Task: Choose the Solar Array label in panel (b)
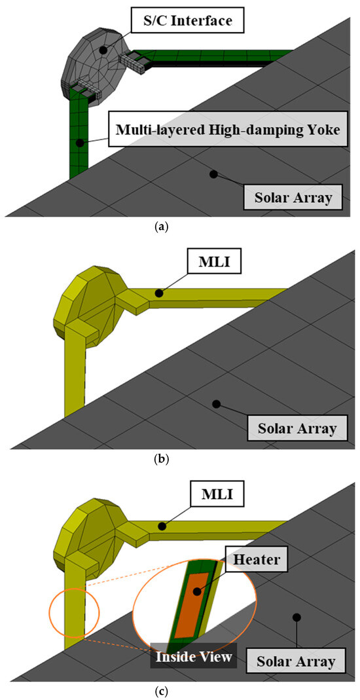point(293,429)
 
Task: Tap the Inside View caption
point(194,656)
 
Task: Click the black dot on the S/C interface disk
point(102,49)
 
